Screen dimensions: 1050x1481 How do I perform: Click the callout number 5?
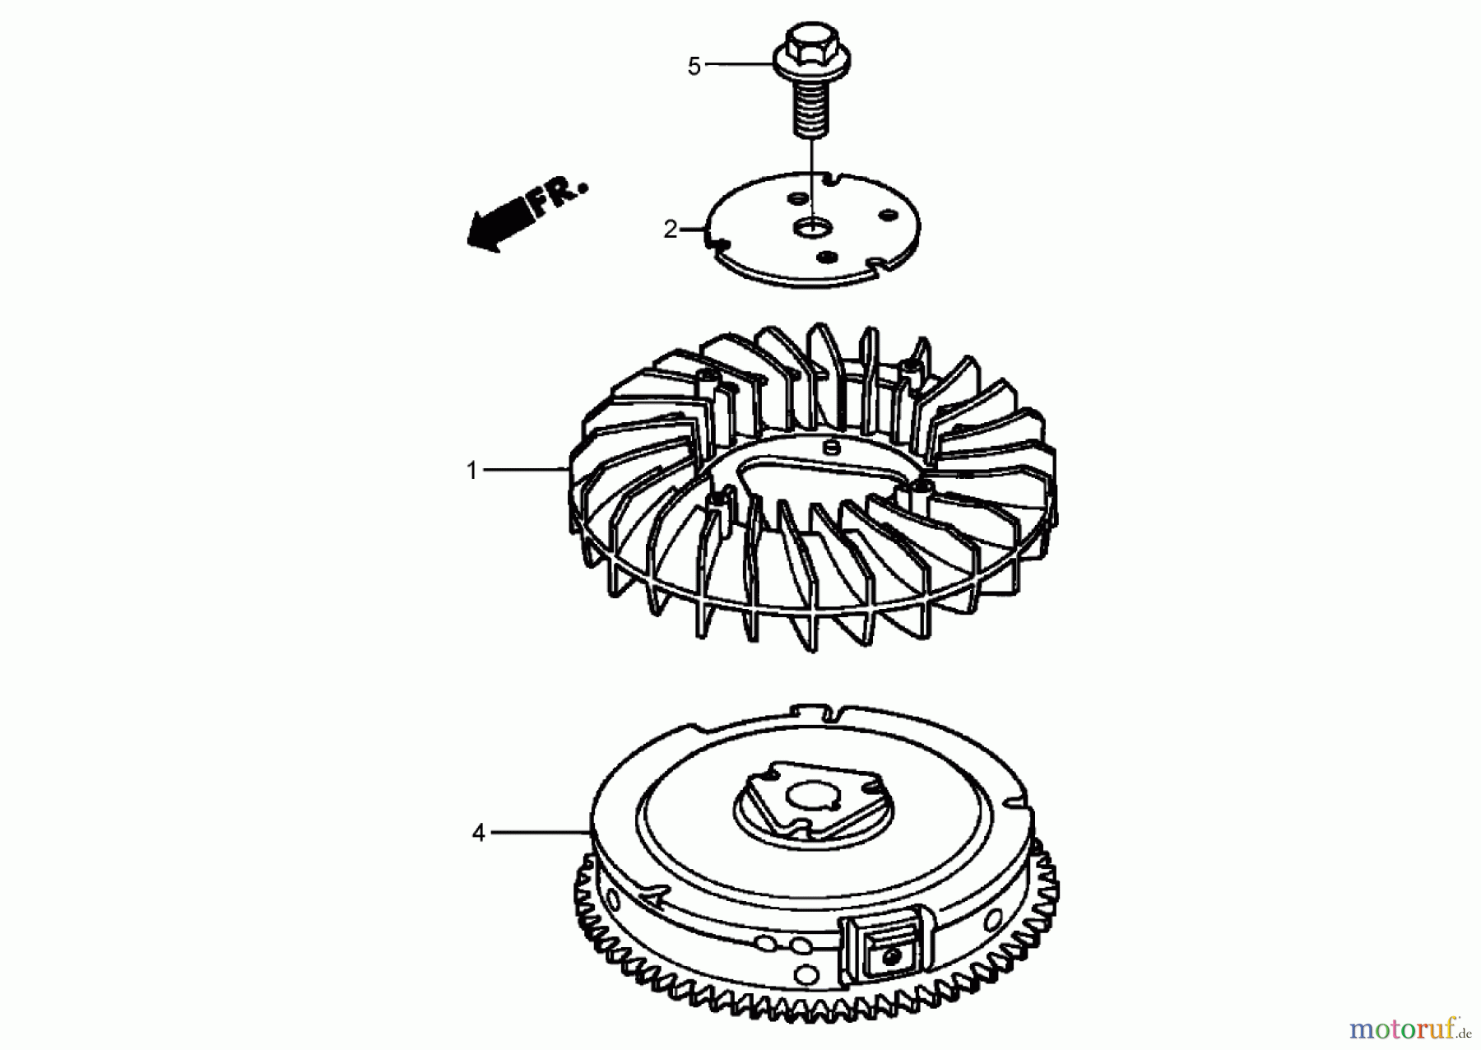tap(694, 67)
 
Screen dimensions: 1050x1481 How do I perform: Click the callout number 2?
tap(671, 230)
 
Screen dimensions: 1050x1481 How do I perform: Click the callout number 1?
tap(472, 471)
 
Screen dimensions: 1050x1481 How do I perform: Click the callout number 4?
tap(479, 833)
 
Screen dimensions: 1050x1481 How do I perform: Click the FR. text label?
tap(559, 196)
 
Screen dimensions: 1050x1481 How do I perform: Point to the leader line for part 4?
tap(539, 833)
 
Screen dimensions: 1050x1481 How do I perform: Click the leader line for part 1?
tap(522, 470)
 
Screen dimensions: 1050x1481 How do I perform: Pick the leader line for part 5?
tap(739, 63)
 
